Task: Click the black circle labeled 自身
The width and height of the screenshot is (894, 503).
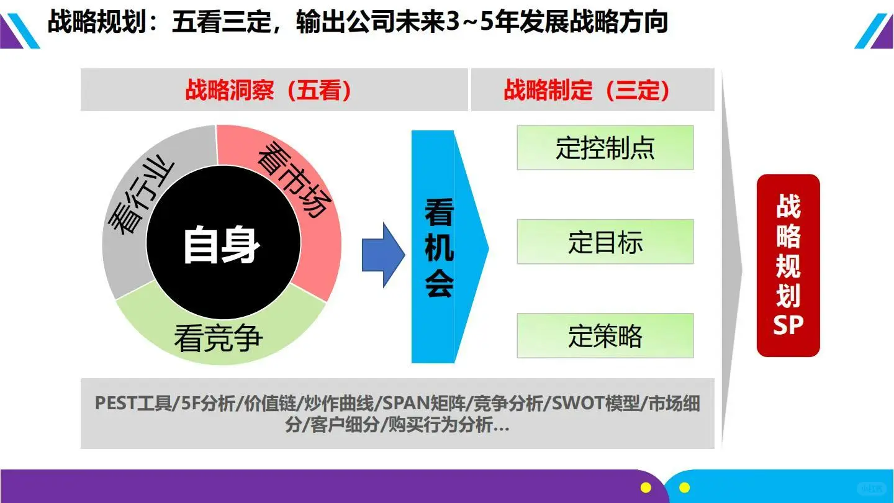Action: tap(221, 245)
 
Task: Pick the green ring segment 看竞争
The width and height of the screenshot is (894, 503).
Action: tap(219, 338)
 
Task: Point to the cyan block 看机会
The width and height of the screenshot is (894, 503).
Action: tap(440, 247)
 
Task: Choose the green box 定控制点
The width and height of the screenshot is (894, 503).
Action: tap(605, 148)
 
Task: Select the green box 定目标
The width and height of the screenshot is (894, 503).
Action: tap(605, 242)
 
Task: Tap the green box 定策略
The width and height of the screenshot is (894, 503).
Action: tap(605, 336)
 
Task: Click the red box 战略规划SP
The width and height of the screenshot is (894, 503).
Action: tap(788, 266)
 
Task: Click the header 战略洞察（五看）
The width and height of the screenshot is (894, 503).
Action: tap(269, 91)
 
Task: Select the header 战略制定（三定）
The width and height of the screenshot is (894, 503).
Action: tap(587, 91)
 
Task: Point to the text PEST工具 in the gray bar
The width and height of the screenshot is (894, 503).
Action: tap(133, 403)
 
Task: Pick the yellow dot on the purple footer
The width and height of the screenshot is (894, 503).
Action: tap(646, 488)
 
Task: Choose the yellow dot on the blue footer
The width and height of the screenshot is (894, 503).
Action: tap(684, 488)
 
